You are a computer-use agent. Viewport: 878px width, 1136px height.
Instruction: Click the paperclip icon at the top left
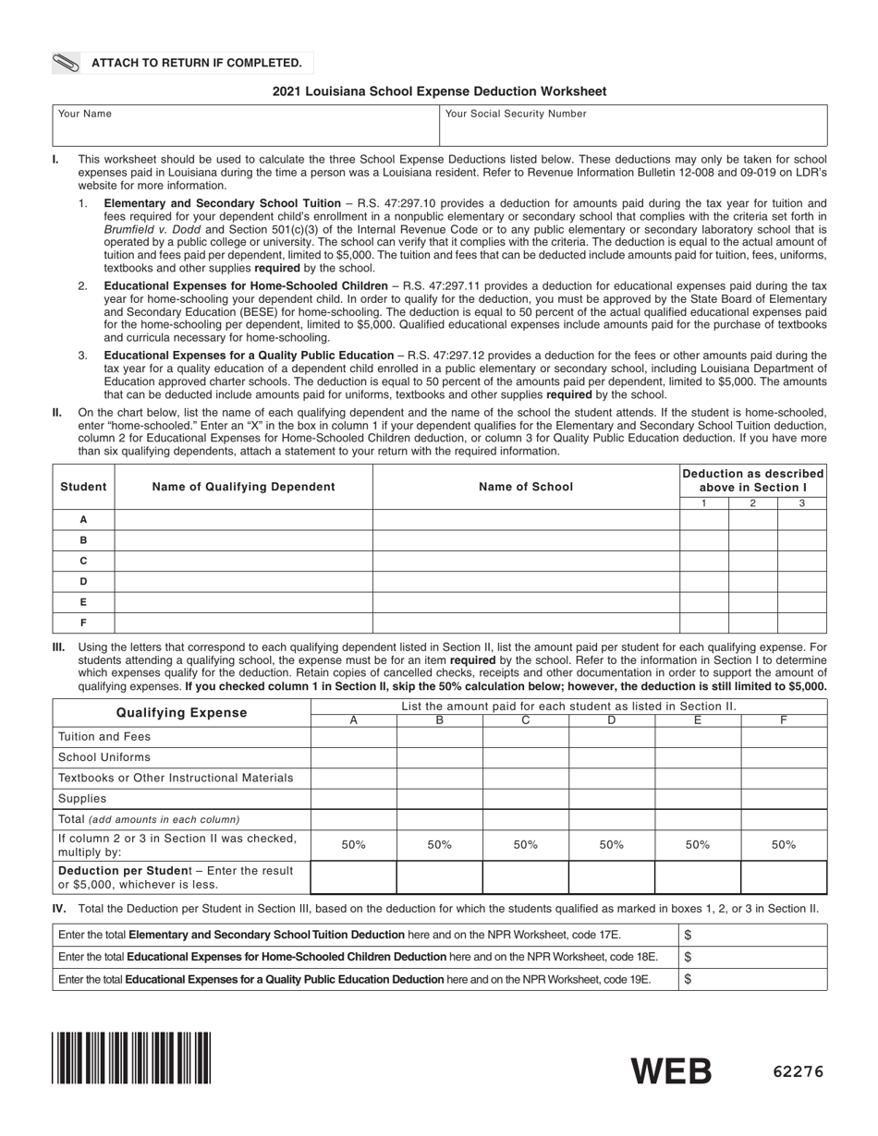click(67, 63)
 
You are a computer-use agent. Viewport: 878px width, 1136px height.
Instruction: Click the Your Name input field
click(245, 127)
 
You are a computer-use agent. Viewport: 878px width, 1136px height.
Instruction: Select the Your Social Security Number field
click(632, 127)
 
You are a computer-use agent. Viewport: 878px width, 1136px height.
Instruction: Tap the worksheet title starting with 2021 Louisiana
click(439, 91)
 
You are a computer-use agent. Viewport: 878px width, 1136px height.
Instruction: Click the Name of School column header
click(525, 487)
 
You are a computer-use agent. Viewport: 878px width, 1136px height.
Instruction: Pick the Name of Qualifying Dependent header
click(243, 487)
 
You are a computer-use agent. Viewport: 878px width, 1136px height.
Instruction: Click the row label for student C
click(83, 561)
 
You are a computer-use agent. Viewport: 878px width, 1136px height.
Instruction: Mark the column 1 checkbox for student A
click(703, 520)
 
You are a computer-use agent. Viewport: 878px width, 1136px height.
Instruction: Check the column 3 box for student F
click(801, 622)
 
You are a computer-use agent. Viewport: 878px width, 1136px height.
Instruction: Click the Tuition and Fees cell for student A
click(353, 737)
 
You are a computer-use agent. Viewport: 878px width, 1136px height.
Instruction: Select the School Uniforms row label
click(104, 757)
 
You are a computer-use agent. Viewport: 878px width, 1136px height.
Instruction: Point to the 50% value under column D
click(611, 845)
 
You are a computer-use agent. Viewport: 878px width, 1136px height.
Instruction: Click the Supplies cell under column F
click(783, 799)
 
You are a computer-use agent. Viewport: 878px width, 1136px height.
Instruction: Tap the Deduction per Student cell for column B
click(439, 877)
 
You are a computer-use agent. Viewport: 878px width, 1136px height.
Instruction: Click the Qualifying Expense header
click(181, 713)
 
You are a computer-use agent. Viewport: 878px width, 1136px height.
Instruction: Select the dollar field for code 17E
click(753, 936)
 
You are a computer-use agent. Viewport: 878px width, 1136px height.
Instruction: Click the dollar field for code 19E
click(753, 979)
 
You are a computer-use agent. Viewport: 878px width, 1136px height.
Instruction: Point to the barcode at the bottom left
click(131, 1057)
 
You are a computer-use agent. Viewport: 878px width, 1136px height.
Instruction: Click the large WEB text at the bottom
click(672, 1071)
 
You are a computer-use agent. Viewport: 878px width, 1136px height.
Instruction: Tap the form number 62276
click(798, 1072)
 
